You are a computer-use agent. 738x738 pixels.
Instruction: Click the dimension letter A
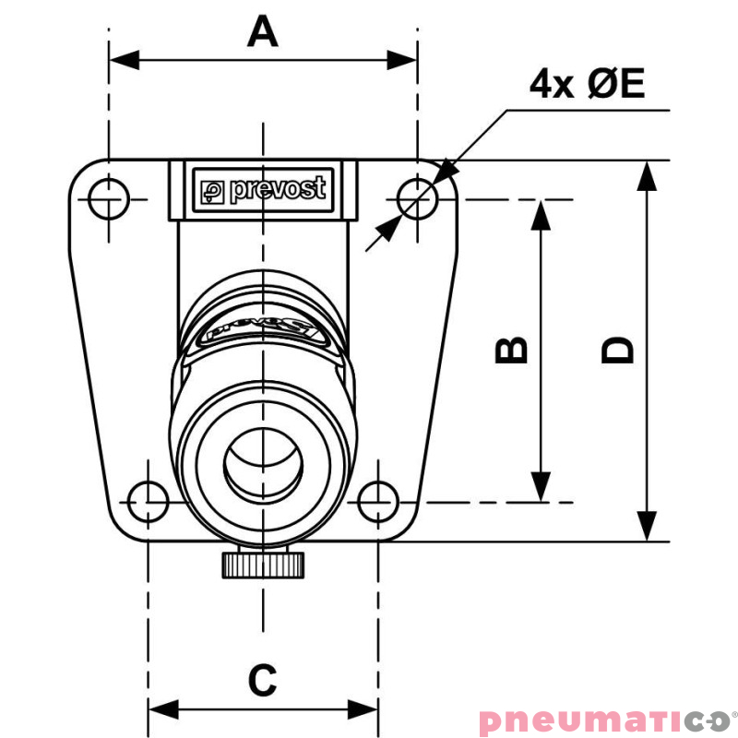coord(263,31)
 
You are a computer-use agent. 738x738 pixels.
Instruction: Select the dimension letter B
coord(511,351)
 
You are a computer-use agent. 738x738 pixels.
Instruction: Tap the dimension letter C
coord(263,680)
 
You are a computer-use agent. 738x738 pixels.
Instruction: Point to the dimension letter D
coord(617,351)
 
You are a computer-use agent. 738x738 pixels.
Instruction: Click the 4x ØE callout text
coord(587,83)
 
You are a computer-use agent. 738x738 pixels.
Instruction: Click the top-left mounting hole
coord(109,199)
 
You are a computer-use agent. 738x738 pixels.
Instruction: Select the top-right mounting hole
coord(418,199)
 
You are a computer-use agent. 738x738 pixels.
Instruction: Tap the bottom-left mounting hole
coord(149,502)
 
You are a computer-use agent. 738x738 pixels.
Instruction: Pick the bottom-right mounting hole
coord(378,502)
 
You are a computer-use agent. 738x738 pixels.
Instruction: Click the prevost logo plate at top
coord(263,190)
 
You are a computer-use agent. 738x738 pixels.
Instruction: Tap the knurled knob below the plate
coord(263,565)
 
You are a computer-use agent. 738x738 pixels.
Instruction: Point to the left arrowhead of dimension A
coord(125,60)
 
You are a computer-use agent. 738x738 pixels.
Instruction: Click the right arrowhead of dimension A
coord(402,60)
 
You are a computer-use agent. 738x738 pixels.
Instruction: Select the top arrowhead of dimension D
coord(647,176)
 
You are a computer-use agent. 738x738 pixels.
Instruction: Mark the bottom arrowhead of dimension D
coord(647,526)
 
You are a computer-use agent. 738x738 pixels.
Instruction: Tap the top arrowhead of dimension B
coord(541,215)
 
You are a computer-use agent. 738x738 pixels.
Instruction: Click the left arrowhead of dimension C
coord(164,709)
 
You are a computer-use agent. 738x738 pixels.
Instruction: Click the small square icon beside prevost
coord(212,193)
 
